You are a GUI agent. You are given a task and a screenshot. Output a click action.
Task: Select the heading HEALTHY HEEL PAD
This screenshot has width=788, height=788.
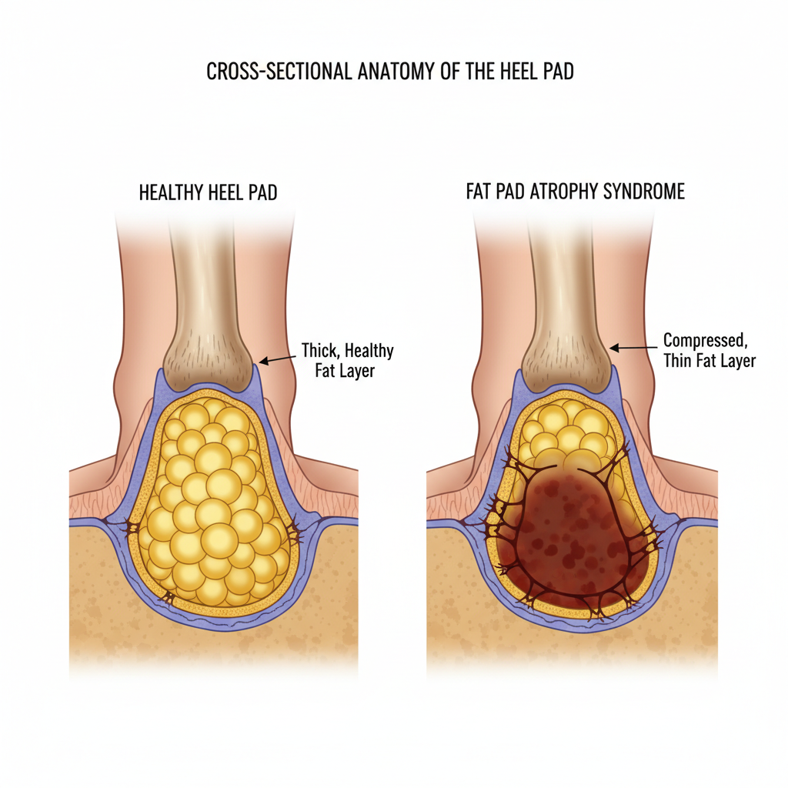tap(208, 192)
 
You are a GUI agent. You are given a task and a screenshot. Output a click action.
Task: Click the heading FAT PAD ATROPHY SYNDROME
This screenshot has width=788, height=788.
tap(575, 192)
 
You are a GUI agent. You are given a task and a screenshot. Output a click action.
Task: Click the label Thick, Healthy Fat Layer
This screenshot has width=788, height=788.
tap(347, 360)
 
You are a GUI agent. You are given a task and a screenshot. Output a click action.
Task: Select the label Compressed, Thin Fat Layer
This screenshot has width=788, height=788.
tap(709, 349)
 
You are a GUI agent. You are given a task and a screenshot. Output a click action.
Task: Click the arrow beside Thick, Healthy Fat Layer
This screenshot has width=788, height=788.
tap(277, 358)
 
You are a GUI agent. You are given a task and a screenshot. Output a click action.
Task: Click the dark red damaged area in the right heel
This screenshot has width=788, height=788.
tap(573, 539)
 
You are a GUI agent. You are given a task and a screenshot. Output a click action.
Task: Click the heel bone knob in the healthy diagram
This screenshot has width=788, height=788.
tap(209, 362)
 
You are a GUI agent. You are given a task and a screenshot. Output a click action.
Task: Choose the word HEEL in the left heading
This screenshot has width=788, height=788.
tap(228, 192)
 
